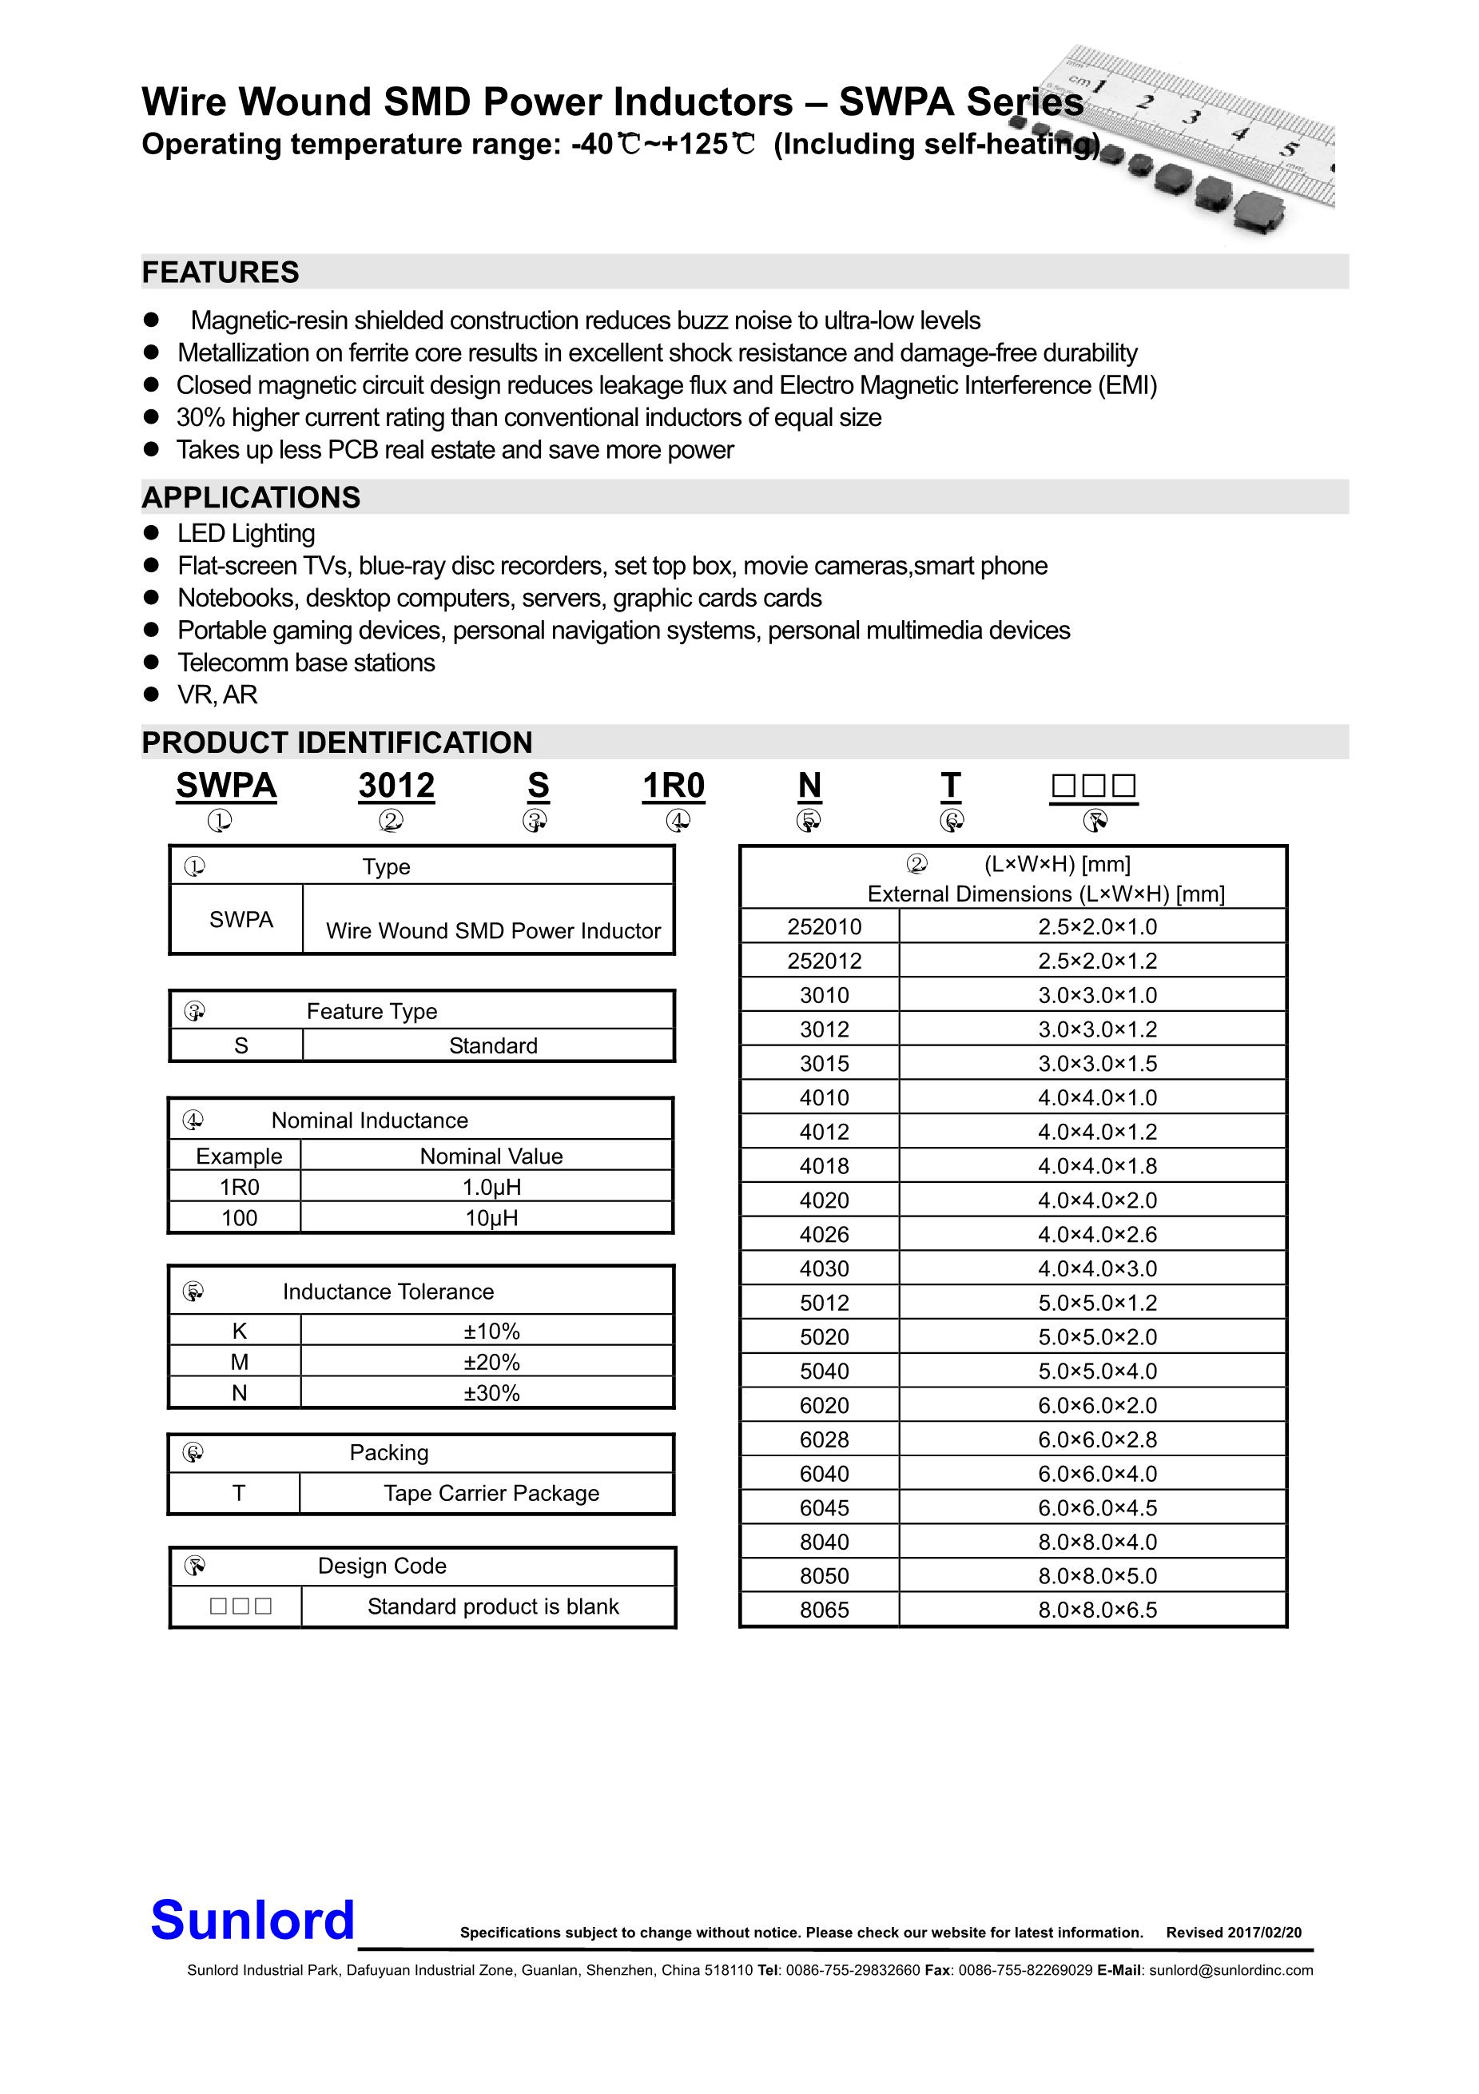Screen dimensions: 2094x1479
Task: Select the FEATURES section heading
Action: pyautogui.click(x=221, y=273)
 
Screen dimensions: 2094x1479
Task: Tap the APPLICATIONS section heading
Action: pyautogui.click(x=251, y=497)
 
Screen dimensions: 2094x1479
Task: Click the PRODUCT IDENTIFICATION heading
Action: pyautogui.click(x=336, y=742)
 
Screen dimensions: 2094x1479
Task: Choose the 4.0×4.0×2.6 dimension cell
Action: pyautogui.click(x=1097, y=1234)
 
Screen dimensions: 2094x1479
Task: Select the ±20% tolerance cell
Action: pyautogui.click(x=491, y=1362)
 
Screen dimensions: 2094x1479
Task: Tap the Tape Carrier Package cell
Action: pyautogui.click(x=491, y=1493)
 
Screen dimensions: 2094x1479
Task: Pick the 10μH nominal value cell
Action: pyautogui.click(x=491, y=1217)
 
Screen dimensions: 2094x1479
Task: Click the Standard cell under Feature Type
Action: pyautogui.click(x=492, y=1045)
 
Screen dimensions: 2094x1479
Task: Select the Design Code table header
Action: pyautogui.click(x=382, y=1566)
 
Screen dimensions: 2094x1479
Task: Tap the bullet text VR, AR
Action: pyautogui.click(x=217, y=695)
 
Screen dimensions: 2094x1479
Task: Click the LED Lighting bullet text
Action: pyautogui.click(x=246, y=534)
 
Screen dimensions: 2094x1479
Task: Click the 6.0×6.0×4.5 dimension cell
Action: pyautogui.click(x=1097, y=1507)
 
